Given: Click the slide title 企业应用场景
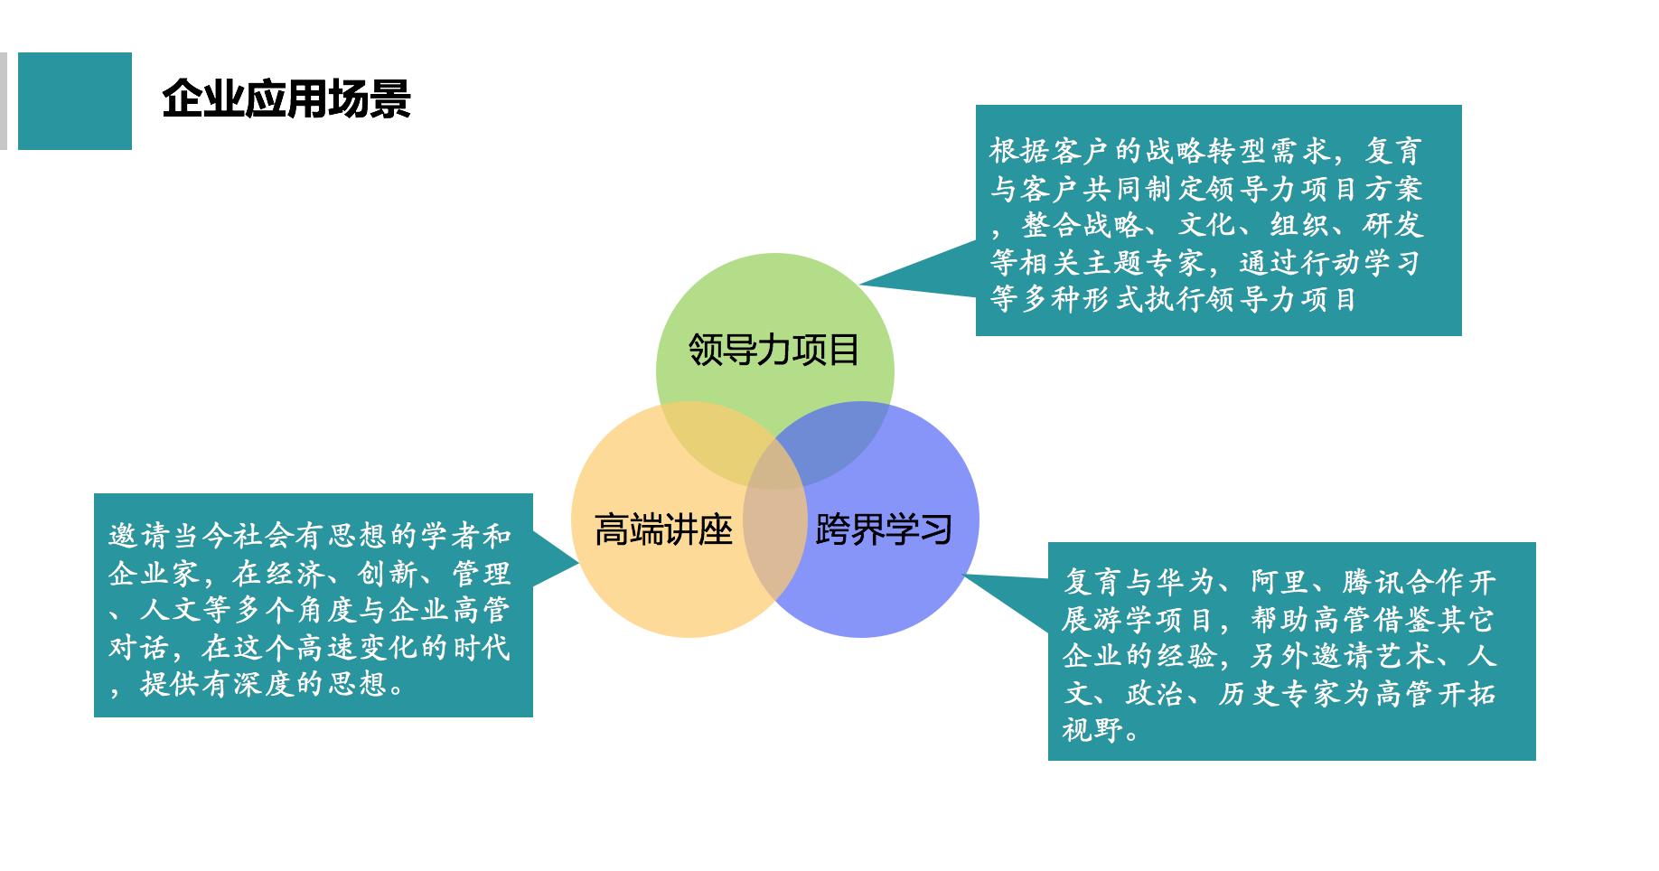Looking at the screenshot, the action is click(286, 99).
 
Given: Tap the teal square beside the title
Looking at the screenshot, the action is click(75, 101).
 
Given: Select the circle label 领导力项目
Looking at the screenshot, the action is click(773, 350).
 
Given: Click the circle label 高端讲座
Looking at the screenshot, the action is click(663, 529).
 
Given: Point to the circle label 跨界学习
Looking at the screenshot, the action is click(884, 529).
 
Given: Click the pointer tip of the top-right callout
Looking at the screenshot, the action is click(859, 285).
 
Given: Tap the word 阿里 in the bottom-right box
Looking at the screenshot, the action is click(1281, 582).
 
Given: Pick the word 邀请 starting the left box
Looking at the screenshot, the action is click(139, 536).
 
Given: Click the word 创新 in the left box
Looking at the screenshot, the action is click(389, 573).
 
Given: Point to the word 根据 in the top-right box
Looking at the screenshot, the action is click(1019, 151).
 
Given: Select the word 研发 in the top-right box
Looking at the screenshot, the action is click(1393, 225).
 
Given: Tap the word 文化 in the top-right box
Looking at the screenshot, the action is click(1207, 225).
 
